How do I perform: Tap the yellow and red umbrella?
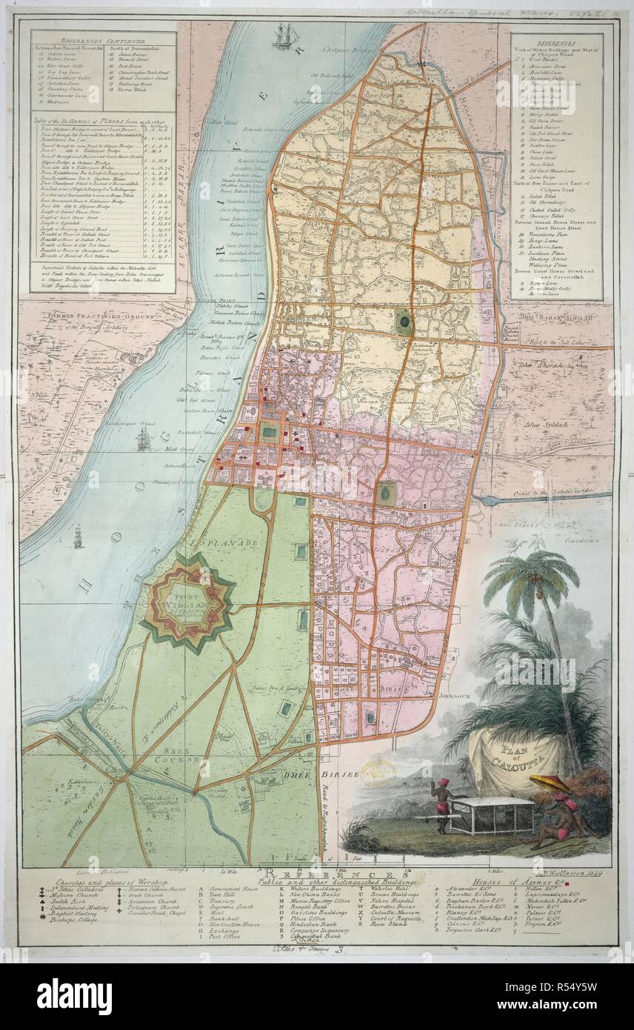[x=550, y=783]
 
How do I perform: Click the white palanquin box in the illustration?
[x=493, y=815]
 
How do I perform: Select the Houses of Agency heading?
[x=524, y=883]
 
